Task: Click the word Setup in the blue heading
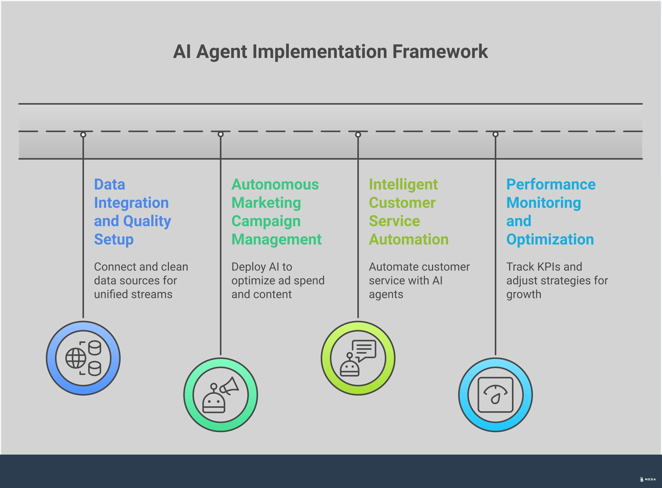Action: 114,239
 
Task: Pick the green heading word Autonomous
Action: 275,185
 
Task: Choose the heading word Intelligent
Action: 403,185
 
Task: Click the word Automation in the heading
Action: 409,239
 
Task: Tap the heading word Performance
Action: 551,185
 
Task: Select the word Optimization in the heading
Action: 550,239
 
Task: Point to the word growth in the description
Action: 524,295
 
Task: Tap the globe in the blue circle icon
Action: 76,358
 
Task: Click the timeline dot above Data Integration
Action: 83,135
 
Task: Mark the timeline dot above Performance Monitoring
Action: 496,134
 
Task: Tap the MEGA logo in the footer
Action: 647,479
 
